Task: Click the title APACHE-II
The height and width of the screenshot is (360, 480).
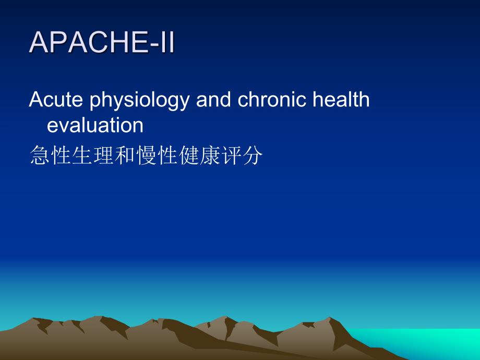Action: [102, 43]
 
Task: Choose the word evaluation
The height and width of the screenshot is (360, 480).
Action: [95, 125]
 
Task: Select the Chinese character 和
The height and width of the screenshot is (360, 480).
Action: [124, 156]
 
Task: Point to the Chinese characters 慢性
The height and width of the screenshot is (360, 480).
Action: [155, 156]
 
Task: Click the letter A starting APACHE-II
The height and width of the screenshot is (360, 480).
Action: [40, 43]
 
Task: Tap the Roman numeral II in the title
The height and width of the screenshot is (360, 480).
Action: [166, 43]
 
